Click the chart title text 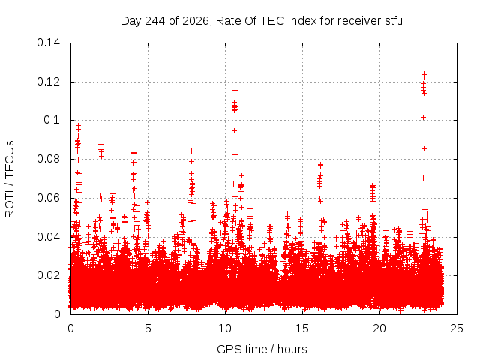coord(262,21)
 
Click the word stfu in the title coord(393,21)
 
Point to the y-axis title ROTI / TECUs coord(10,179)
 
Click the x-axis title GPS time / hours coord(262,349)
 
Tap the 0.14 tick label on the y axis coord(48,43)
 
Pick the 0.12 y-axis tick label coord(48,82)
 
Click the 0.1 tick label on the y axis coord(52,120)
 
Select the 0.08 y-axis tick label coord(48,159)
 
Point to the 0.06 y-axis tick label coord(48,198)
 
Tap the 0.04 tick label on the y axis coord(48,237)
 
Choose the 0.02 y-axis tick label coord(48,275)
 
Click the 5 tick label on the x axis coord(148,328)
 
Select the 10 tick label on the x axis coord(225,328)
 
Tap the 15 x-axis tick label coord(302,328)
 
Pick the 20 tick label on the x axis coord(379,328)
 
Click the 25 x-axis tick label coord(457,328)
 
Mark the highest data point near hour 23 coord(424,73)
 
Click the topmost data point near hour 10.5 coord(235,90)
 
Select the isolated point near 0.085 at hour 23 coord(424,148)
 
